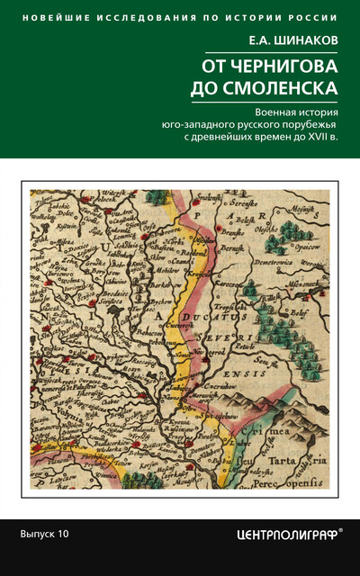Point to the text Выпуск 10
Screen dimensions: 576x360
point(44,534)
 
